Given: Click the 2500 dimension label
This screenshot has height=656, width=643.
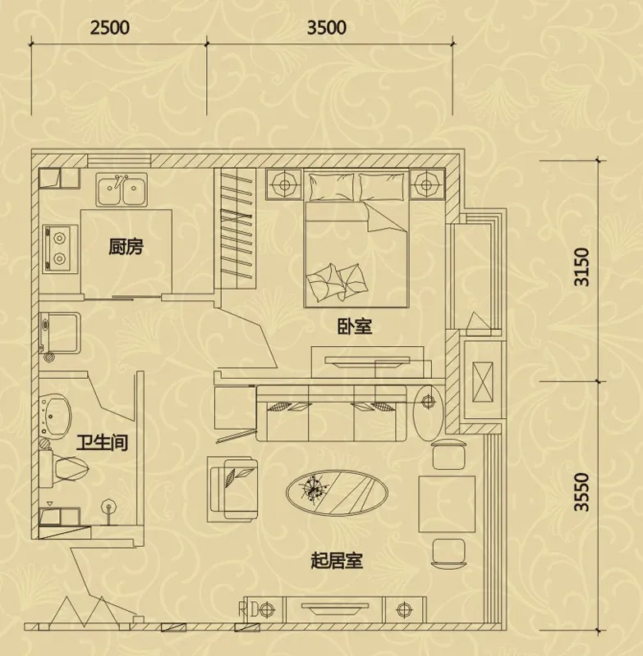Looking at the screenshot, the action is click(x=110, y=28).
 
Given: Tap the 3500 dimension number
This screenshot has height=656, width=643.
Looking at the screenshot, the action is click(x=327, y=28).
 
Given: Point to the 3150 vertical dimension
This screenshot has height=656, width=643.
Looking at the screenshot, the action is click(x=582, y=267).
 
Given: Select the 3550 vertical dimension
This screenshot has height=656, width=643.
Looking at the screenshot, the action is click(x=582, y=492).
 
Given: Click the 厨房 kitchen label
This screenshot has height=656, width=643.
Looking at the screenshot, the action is click(x=126, y=247).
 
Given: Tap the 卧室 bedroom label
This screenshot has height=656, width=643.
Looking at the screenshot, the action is click(x=355, y=326).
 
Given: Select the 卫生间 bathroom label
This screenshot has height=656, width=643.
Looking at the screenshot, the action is click(x=102, y=442).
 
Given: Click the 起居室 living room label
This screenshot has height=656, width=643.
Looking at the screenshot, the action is click(x=337, y=560).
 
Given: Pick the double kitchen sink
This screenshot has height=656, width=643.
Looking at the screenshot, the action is click(x=122, y=189).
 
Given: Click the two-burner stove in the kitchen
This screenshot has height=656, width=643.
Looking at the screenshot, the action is click(x=60, y=249).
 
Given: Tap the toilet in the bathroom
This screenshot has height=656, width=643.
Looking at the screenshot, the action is click(x=65, y=468).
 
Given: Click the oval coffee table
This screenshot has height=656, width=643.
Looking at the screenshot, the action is click(x=337, y=493).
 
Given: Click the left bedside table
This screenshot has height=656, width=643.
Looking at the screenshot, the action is click(x=284, y=184).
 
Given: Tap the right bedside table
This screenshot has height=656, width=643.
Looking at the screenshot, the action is click(x=426, y=184).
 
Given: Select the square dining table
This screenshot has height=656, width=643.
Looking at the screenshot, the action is click(x=447, y=504).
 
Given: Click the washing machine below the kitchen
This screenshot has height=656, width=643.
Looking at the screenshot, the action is click(x=60, y=333).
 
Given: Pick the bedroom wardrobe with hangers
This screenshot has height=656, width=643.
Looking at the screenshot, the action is click(x=235, y=229).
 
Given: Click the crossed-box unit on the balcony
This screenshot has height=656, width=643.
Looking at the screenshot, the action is click(x=483, y=382).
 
